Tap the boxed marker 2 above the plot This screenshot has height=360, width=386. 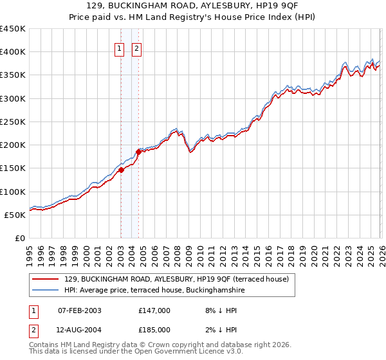click(x=138, y=47)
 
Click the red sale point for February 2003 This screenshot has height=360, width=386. click(x=121, y=170)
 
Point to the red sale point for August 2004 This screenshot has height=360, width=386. click(x=138, y=152)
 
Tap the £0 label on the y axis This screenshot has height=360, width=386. click(x=19, y=238)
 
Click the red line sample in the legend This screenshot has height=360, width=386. click(x=46, y=279)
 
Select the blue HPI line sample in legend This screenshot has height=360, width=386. click(x=46, y=291)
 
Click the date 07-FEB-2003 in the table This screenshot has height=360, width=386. click(x=80, y=310)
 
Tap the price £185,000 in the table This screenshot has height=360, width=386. click(x=154, y=329)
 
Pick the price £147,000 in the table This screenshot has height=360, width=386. click(x=154, y=310)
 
